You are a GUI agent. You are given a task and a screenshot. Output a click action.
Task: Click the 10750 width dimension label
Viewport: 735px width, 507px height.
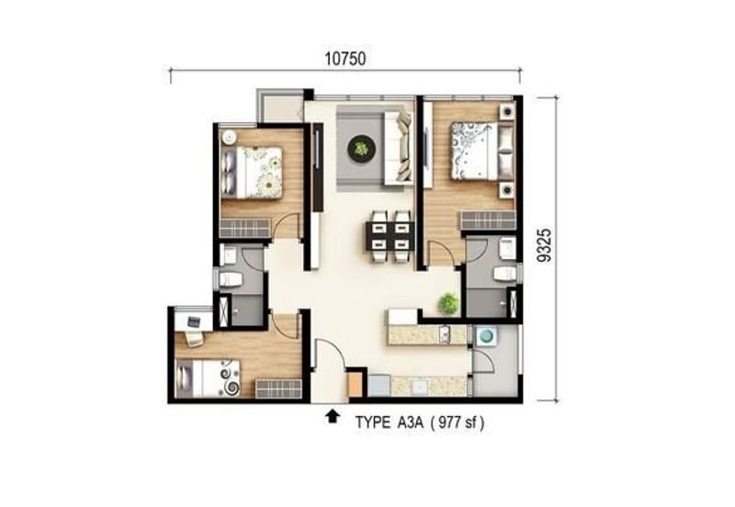pyautogui.click(x=345, y=59)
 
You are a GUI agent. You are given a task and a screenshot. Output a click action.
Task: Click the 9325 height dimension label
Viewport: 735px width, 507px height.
pyautogui.click(x=544, y=245)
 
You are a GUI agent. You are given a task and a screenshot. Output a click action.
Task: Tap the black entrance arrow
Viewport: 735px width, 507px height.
pyautogui.click(x=333, y=416)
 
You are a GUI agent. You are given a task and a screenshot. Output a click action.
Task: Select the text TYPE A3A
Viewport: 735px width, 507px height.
pyautogui.click(x=389, y=422)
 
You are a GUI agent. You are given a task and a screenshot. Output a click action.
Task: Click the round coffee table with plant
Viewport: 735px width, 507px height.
pyautogui.click(x=361, y=149)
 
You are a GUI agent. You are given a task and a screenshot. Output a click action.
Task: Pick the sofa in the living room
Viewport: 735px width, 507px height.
pyautogui.click(x=398, y=147)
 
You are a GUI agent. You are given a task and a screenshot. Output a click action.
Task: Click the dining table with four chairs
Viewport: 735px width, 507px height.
pyautogui.click(x=389, y=237)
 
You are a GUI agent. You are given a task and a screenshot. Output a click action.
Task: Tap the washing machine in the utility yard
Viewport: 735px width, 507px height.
pyautogui.click(x=486, y=336)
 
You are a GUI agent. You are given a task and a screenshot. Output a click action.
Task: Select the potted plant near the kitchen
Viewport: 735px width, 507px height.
pyautogui.click(x=448, y=303)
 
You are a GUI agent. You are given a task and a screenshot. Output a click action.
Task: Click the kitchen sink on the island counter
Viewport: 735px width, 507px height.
pyautogui.click(x=444, y=334)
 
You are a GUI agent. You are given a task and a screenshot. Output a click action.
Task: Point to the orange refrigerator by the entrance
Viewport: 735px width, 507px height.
pyautogui.click(x=356, y=384)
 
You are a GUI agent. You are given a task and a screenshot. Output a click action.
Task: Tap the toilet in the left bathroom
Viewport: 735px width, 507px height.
pyautogui.click(x=231, y=280)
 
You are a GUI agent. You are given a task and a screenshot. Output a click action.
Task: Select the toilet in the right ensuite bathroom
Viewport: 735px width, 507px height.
pyautogui.click(x=504, y=274)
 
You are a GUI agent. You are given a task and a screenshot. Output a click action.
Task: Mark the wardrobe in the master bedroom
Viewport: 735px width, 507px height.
pyautogui.click(x=488, y=220)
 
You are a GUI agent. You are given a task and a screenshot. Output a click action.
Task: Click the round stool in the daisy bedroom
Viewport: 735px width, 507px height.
pyautogui.click(x=229, y=137)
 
